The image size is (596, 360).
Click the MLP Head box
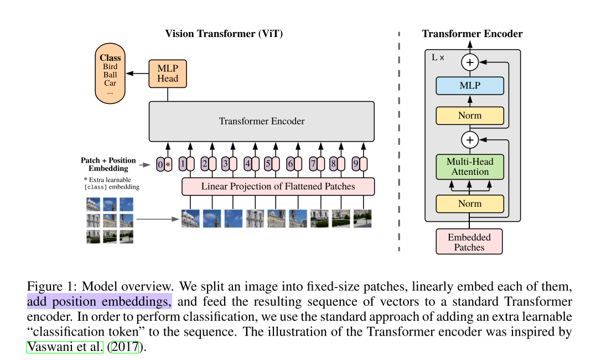168,74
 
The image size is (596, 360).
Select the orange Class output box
110,75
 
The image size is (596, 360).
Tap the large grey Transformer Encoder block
261,121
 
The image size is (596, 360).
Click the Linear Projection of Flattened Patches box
278,186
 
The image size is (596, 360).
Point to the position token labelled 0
160,164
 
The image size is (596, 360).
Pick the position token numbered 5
268,164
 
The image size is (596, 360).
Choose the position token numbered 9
355,164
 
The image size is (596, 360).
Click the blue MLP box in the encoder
470,86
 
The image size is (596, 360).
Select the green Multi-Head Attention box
470,167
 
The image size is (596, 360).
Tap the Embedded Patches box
469,242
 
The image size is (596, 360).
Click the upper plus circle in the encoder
470,62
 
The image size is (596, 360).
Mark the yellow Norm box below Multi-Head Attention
470,204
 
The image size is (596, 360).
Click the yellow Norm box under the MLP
470,116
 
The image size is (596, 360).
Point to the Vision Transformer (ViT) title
224,34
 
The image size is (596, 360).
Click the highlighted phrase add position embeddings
100,301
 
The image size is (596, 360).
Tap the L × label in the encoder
438,58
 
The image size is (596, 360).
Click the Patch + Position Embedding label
108,164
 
